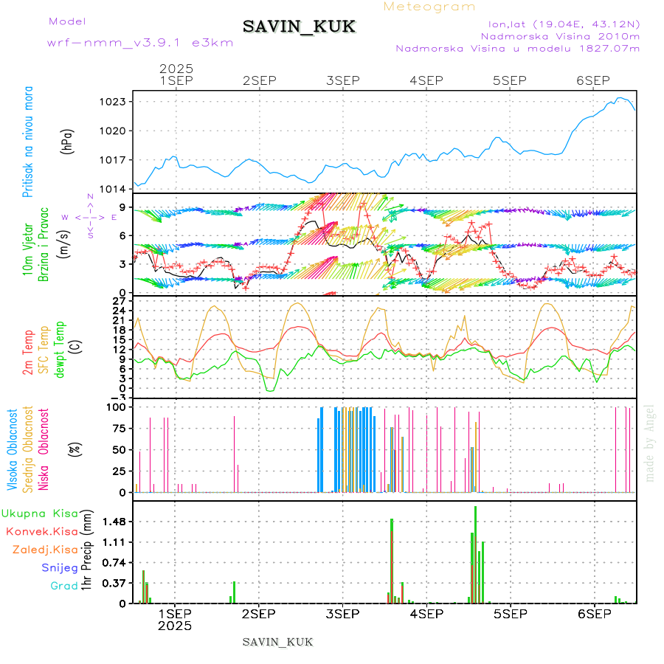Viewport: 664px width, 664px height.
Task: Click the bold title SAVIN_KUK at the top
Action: [299, 27]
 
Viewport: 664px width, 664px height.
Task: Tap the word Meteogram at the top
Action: [429, 7]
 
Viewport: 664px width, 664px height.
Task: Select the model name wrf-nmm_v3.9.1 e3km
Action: [140, 42]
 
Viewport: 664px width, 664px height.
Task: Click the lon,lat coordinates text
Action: [558, 24]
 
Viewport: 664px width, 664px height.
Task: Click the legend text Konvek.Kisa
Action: [41, 531]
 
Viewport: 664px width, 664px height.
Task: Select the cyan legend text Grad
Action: [64, 586]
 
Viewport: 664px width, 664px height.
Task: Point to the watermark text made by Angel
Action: [649, 443]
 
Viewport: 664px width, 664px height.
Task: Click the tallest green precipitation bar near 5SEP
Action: [475, 553]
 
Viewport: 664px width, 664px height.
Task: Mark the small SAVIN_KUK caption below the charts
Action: [277, 642]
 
